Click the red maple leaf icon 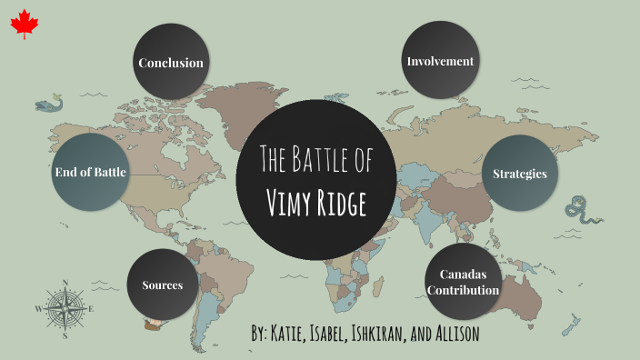(22, 25)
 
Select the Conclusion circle (170, 63)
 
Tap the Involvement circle (440, 62)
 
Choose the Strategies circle (519, 173)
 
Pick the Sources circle (163, 285)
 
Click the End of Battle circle (90, 171)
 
